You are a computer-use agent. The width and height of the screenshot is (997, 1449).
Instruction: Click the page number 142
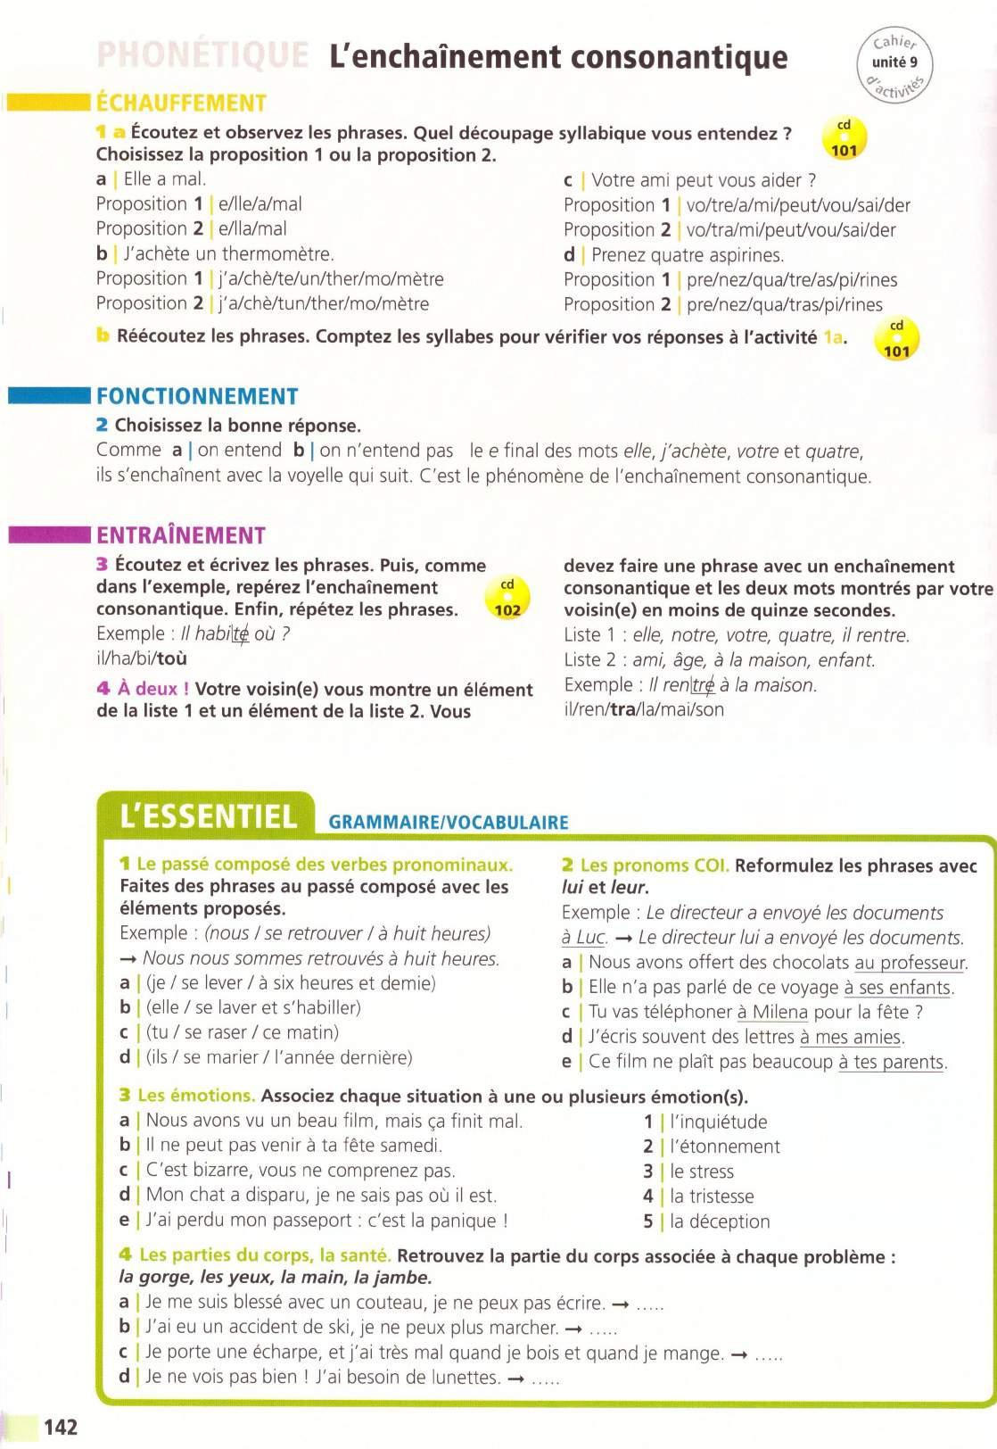point(60,1427)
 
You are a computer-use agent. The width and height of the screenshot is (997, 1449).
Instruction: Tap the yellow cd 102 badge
point(507,599)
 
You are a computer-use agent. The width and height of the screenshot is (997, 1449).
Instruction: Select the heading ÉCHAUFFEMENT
point(181,103)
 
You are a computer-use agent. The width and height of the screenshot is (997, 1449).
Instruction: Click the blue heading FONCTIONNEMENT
point(197,396)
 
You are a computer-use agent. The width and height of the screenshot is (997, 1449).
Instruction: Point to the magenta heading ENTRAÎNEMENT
point(181,535)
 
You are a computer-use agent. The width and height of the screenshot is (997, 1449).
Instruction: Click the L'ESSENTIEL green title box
point(208,816)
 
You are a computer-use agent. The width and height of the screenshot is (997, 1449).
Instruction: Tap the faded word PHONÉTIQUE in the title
point(202,56)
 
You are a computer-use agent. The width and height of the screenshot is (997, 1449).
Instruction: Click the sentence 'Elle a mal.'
point(165,179)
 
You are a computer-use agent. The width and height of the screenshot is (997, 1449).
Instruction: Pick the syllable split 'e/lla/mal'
point(252,229)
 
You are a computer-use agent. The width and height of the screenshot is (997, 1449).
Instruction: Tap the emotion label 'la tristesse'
point(712,1196)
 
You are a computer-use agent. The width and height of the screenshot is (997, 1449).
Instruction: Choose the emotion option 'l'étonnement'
point(724,1147)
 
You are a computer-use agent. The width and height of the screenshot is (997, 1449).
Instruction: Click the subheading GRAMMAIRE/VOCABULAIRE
point(449,822)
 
